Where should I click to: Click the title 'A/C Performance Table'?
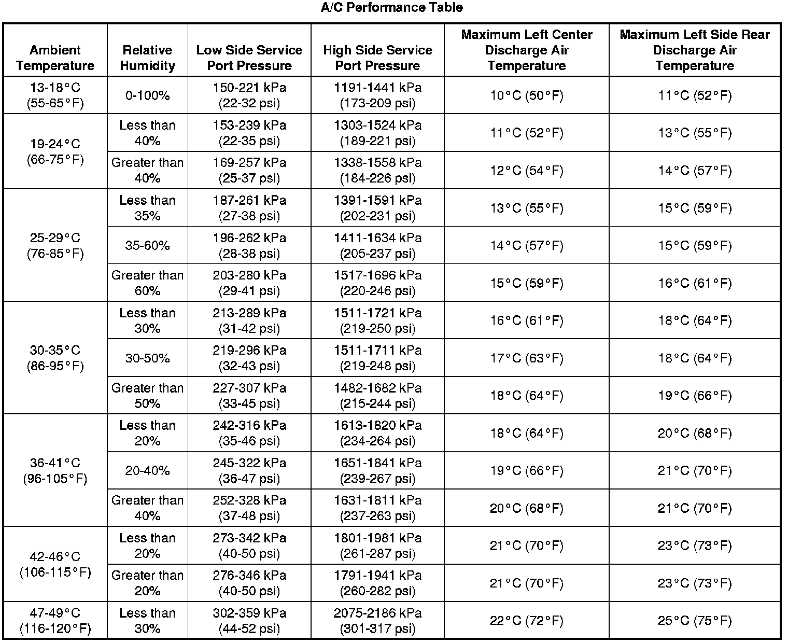click(x=391, y=7)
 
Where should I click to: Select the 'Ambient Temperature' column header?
click(x=55, y=58)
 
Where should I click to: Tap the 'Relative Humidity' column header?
click(x=148, y=58)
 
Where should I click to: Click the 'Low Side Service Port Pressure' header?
click(x=249, y=58)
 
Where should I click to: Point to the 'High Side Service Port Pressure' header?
click(x=377, y=58)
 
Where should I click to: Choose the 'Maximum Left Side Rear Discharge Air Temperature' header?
click(x=695, y=50)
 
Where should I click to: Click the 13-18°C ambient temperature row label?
click(x=55, y=95)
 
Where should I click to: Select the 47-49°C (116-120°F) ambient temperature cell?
click(x=55, y=621)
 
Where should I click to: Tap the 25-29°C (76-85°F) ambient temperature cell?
click(x=55, y=245)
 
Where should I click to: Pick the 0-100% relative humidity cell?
click(x=148, y=95)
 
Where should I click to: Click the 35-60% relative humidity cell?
click(x=148, y=245)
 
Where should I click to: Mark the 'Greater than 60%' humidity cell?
click(x=148, y=283)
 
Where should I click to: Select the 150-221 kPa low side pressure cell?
click(x=249, y=95)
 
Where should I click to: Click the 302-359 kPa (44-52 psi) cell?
click(x=249, y=621)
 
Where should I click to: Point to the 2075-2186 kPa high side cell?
click(x=377, y=621)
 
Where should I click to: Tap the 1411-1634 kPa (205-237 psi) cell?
click(x=377, y=245)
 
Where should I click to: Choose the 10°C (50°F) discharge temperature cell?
click(x=526, y=95)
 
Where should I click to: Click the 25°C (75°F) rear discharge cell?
click(x=695, y=621)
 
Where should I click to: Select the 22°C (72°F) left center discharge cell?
click(x=526, y=621)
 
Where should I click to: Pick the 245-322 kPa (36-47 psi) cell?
click(x=249, y=470)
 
